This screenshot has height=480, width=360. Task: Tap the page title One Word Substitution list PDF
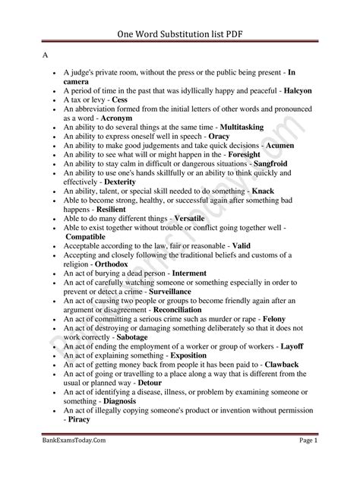(179, 33)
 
